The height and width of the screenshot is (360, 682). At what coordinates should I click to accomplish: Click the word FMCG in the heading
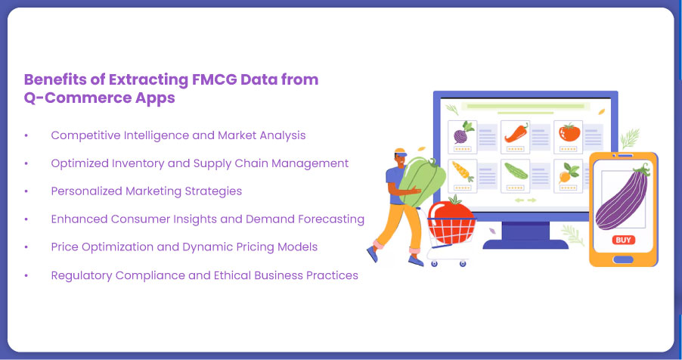[x=214, y=79]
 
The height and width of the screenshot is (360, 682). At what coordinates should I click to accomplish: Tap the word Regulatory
[x=82, y=275]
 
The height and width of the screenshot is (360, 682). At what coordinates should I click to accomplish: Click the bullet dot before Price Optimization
[x=26, y=247]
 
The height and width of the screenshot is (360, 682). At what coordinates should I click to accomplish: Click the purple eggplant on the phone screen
[x=621, y=198]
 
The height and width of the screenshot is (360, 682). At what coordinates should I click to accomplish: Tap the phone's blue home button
[x=623, y=260]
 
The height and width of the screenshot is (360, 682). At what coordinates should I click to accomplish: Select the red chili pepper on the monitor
[x=516, y=133]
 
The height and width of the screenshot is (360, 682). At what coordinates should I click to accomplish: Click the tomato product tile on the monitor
[x=568, y=137]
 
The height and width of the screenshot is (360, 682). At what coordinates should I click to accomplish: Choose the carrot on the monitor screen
[x=463, y=171]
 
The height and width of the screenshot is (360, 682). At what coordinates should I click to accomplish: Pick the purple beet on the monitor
[x=462, y=133]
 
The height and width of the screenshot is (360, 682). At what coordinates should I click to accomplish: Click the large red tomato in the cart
[x=451, y=219]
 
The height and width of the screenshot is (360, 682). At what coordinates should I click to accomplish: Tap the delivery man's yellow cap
[x=400, y=152]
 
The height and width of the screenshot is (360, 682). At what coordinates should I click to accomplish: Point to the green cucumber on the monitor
[x=516, y=171]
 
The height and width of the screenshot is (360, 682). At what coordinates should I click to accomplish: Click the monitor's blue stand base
[x=525, y=244]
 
